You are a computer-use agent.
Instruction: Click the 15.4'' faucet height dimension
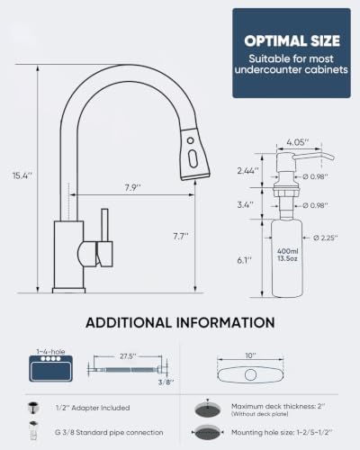(22, 175)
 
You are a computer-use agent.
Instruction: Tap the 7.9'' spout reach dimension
(133, 188)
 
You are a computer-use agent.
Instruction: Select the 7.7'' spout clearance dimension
(181, 237)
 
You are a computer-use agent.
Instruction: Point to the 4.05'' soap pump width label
(298, 142)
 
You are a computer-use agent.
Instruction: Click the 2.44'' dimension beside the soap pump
(247, 171)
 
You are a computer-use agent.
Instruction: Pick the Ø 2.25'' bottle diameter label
(326, 238)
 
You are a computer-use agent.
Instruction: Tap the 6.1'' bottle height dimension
(244, 260)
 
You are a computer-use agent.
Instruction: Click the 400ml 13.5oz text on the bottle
(287, 255)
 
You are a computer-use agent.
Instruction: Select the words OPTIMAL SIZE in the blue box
(292, 41)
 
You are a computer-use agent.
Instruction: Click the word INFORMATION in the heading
(225, 322)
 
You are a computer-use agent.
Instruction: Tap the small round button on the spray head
(190, 140)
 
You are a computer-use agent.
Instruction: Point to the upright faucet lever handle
(104, 225)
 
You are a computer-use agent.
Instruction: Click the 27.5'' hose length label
(128, 356)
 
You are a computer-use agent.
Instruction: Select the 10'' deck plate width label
(250, 355)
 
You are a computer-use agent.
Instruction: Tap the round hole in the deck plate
(250, 375)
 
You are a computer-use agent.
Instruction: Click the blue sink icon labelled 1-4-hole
(50, 368)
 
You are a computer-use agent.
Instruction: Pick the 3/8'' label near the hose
(166, 382)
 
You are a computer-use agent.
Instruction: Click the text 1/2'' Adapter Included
(93, 408)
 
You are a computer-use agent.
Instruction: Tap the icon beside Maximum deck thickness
(208, 409)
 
